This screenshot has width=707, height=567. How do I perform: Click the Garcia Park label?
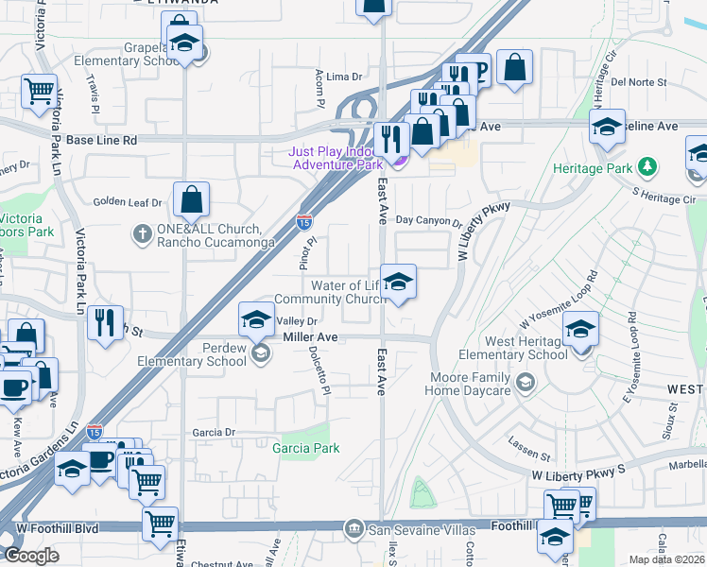(305, 448)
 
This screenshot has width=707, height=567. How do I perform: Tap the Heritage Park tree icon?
(647, 167)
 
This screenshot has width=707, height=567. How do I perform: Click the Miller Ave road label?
(310, 337)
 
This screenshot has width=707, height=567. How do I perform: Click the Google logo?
(32, 555)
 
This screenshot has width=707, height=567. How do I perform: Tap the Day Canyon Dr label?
(428, 221)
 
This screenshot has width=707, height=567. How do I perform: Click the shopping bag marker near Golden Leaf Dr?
(191, 199)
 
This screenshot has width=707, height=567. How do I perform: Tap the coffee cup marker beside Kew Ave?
(13, 388)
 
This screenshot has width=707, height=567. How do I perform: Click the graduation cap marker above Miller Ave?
(256, 321)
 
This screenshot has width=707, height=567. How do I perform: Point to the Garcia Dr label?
(213, 432)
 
